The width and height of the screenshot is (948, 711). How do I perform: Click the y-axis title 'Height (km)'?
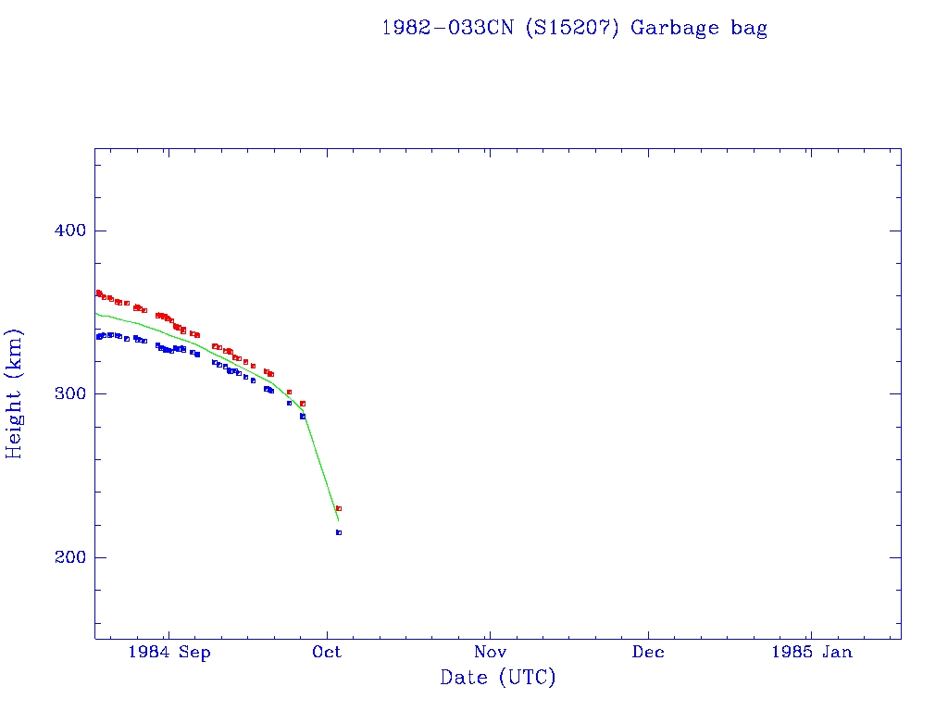15,393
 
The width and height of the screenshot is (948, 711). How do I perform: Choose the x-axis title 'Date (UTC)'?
498,679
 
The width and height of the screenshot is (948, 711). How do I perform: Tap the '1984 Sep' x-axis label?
169,653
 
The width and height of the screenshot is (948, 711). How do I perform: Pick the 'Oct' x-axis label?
327,653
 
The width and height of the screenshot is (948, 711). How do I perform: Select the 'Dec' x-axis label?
648,653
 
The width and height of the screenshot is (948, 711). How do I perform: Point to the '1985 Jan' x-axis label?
811,653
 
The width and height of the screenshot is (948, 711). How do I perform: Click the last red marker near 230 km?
339,508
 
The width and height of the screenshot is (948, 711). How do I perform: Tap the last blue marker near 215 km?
339,532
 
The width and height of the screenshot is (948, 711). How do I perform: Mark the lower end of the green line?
338,520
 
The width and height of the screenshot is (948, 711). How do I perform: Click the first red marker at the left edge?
98,293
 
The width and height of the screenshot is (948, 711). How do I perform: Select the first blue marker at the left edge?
98,337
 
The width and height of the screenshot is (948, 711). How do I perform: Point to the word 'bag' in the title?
749,28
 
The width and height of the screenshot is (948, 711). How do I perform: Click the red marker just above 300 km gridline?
289,392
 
